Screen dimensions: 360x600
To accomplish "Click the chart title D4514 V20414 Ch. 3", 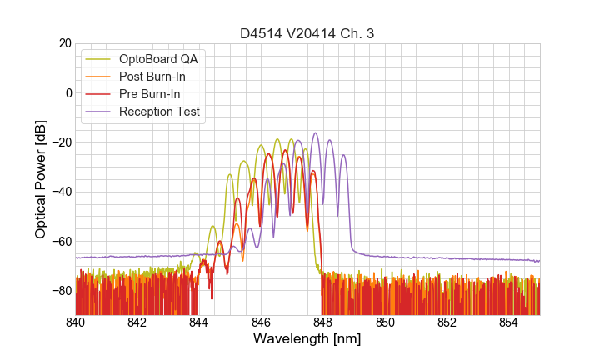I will click(x=307, y=34).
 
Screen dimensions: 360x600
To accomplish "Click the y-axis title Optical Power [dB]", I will click(x=41, y=179).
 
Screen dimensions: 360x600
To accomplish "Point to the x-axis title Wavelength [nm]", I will click(x=307, y=339).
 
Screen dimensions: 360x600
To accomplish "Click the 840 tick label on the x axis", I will click(x=76, y=322).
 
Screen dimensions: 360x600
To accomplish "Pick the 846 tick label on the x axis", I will click(x=261, y=322).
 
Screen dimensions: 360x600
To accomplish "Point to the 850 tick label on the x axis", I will click(x=385, y=322).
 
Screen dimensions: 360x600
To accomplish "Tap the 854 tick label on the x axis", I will click(x=508, y=322).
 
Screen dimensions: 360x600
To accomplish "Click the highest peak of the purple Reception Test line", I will click(x=315, y=132).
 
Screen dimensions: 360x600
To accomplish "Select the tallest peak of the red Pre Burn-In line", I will click(x=284, y=150).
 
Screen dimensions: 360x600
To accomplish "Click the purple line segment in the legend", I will click(x=99, y=112).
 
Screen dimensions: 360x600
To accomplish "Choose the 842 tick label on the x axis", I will click(x=137, y=322).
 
